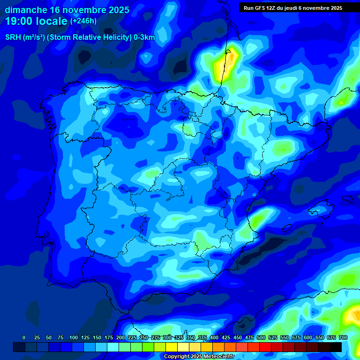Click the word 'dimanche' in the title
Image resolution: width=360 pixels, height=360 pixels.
coord(26,9)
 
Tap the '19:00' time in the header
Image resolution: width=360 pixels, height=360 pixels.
coord(20,21)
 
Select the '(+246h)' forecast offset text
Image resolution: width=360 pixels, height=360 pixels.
coord(83,21)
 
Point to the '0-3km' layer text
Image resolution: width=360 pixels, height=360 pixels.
coord(144,37)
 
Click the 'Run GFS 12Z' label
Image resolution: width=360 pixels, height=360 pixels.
coord(260,8)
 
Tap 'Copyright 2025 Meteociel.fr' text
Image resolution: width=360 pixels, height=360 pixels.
coord(199,357)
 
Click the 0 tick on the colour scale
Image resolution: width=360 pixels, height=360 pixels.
coord(24,337)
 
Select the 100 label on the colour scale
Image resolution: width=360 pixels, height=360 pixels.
coord(73,337)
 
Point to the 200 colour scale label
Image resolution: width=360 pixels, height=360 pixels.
coord(120,337)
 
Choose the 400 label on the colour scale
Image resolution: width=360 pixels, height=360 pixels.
coord(214,337)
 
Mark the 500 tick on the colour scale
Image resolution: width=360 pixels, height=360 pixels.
coord(261,337)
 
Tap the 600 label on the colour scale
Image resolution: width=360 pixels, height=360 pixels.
coord(308,337)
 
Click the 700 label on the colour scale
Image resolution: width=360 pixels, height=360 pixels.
coord(343,337)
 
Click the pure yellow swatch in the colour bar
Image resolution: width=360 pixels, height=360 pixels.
coord(172,347)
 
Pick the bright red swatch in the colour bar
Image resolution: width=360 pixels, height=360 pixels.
coord(265,347)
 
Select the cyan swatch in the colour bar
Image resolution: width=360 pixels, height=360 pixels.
coord(113,347)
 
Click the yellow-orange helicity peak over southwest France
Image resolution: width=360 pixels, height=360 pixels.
coord(225,66)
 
